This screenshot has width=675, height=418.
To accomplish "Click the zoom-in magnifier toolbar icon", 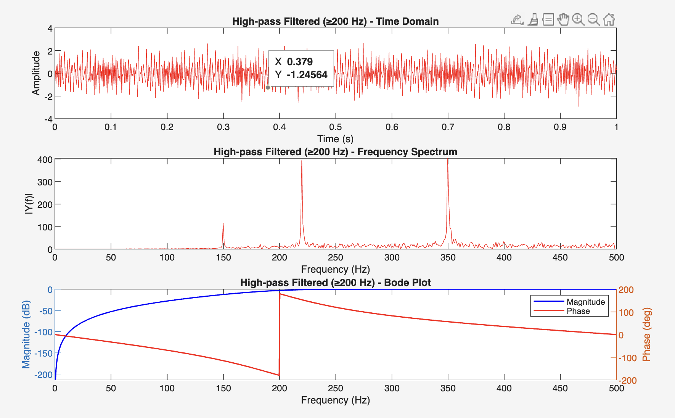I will coord(578,19).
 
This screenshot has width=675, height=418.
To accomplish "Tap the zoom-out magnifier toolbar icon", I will coord(593,19).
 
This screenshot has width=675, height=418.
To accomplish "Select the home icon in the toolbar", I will coord(609,19).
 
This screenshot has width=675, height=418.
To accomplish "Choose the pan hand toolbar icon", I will coord(563,19).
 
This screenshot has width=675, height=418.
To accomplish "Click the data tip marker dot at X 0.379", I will coord(268,87).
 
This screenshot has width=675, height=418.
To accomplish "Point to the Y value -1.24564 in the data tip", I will coord(307,75).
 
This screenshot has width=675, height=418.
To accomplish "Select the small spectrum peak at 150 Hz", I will coord(223,224).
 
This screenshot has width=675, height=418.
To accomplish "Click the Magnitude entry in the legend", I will coord(585,302).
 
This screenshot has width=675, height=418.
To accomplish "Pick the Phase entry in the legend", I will coord(578,311).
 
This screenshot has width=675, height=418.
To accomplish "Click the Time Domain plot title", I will coord(335,21).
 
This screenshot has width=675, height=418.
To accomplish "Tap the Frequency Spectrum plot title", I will coord(335,152).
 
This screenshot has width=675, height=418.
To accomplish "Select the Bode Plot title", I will coord(335,283).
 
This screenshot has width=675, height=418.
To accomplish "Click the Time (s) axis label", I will coord(335,139).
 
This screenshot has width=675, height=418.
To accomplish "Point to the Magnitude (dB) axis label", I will coord(26,334).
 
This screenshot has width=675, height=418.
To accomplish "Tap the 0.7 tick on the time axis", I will coord(448,127).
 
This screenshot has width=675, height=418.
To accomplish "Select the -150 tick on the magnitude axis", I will coord(43,354).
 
